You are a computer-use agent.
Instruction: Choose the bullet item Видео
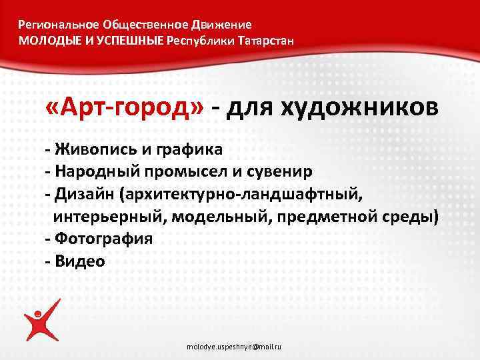click(80, 261)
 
